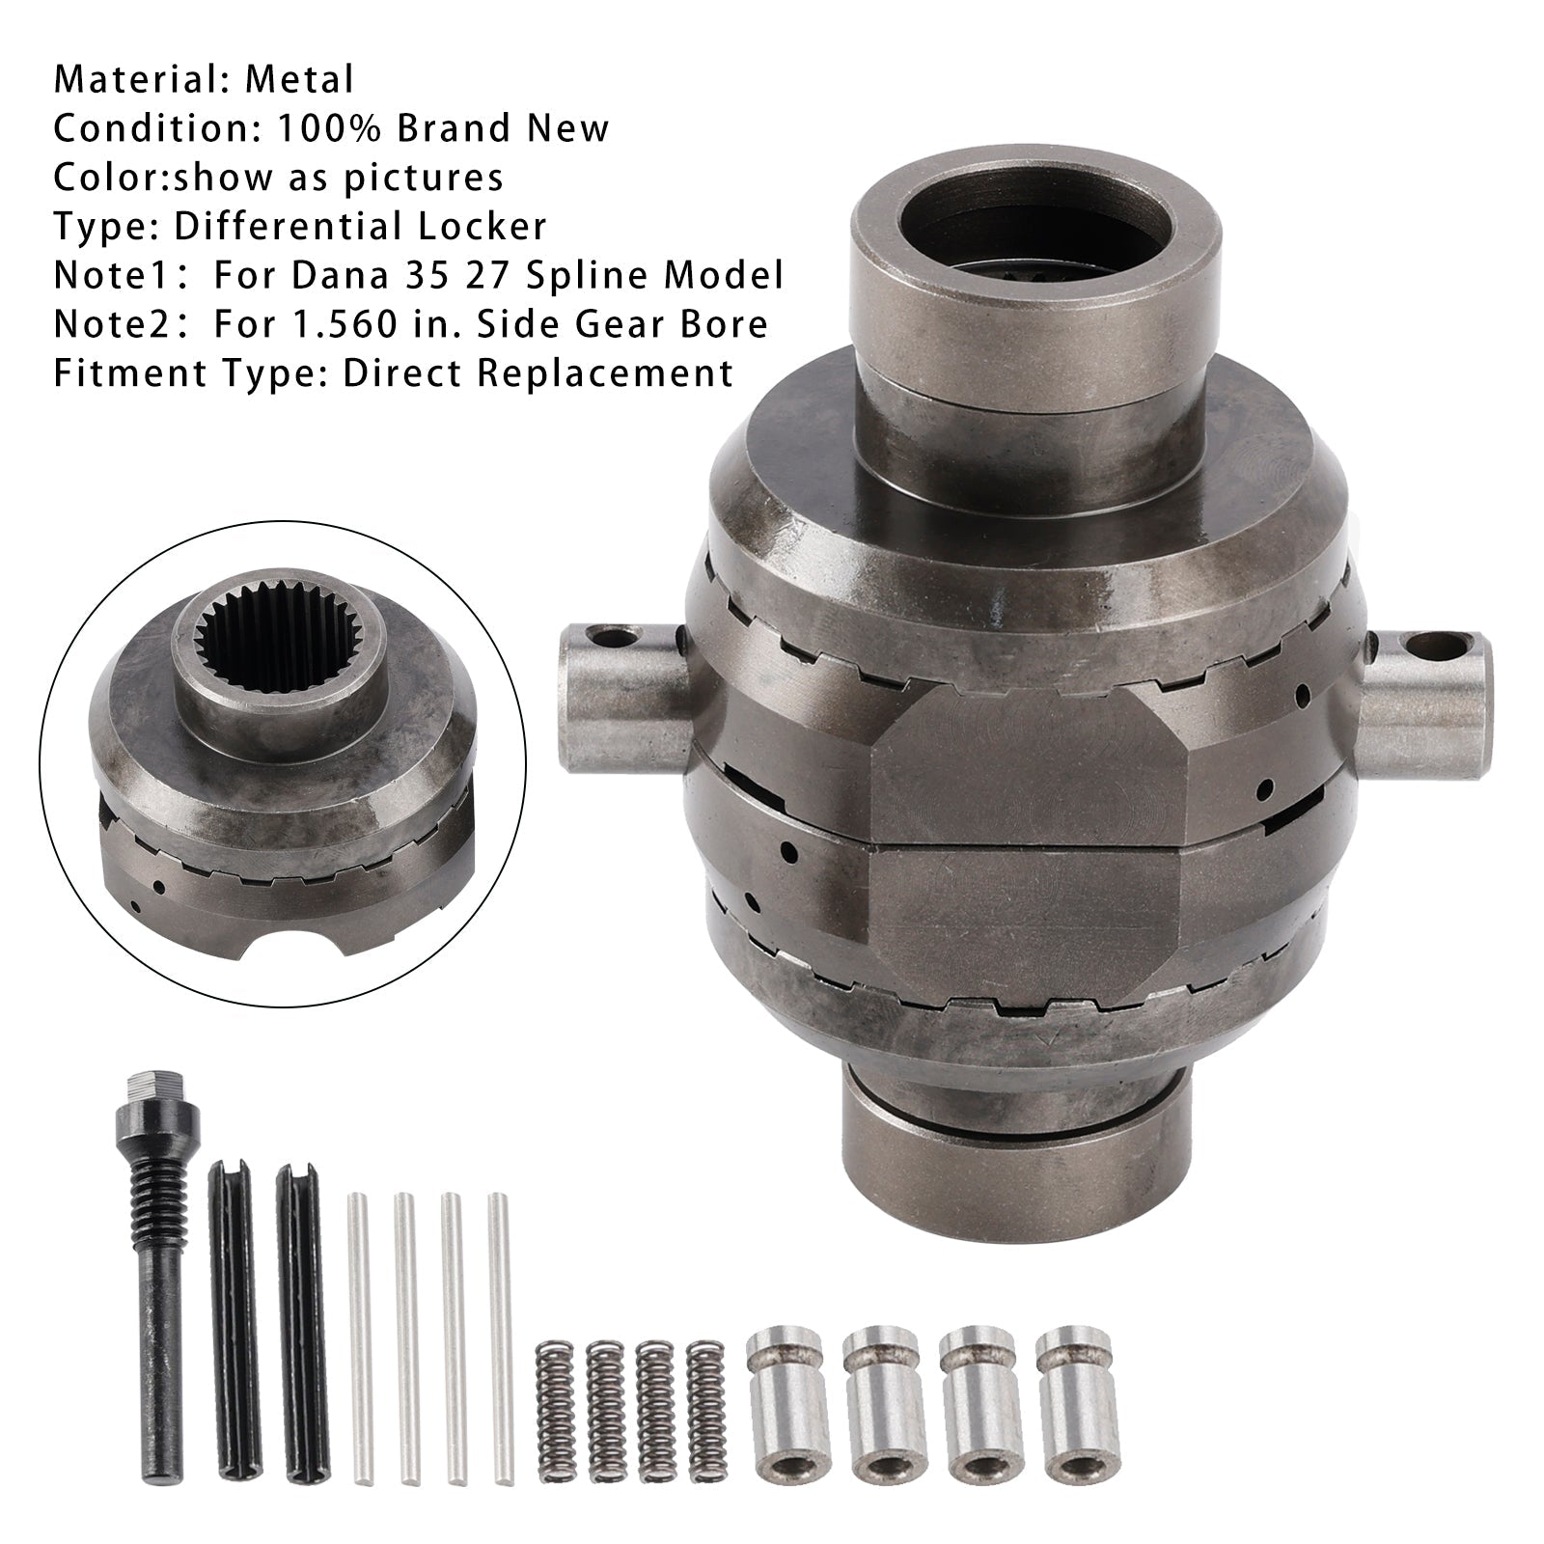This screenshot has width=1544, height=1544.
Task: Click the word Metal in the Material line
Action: [299, 79]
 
